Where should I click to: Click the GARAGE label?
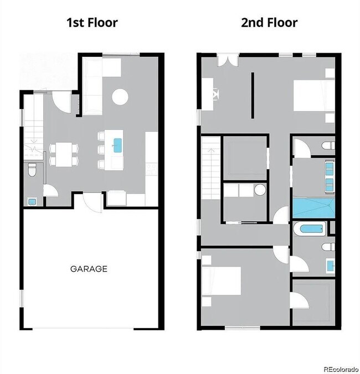coord(89,269)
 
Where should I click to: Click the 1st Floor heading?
coord(92,23)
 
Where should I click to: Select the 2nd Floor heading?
coord(269,23)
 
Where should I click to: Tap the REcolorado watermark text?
coord(341,368)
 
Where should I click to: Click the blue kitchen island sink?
coord(117,146)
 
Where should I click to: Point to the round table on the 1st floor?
coord(120,97)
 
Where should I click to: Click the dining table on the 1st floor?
coord(64,153)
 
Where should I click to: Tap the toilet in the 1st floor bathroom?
coord(32,169)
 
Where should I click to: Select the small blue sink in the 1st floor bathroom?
coord(32,201)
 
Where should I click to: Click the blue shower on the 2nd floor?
coord(313,208)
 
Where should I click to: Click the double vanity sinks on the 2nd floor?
coord(330,176)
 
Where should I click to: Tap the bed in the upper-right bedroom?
coord(313,96)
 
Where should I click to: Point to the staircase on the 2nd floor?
coord(212,169)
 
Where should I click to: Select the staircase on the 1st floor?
coord(33,127)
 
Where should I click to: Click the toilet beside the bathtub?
coord(328,247)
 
